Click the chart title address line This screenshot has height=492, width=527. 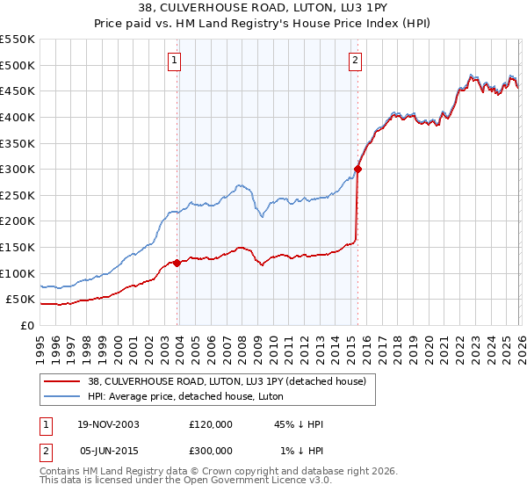tap(263, 9)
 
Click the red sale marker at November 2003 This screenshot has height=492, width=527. tap(177, 262)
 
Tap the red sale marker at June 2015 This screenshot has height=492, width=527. tap(358, 169)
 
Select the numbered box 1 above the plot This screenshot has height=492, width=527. tap(174, 61)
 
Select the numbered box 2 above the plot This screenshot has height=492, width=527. tap(355, 61)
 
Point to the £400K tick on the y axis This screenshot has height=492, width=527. tap(18, 117)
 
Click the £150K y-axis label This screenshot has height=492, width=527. tap(18, 247)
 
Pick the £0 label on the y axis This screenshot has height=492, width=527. tap(26, 325)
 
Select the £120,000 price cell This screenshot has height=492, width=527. tap(210, 424)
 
